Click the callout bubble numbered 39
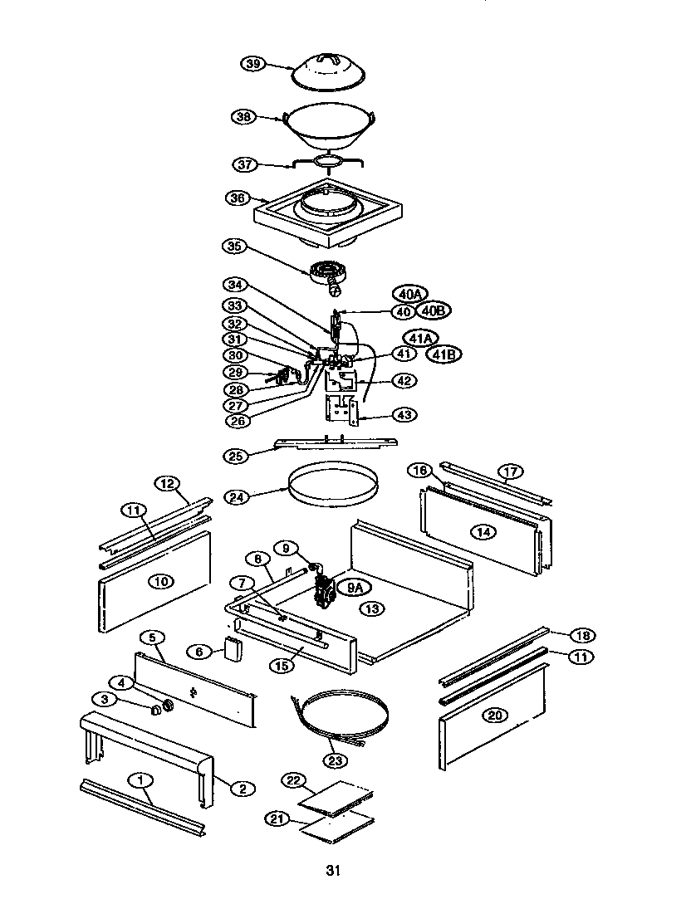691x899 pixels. (252, 64)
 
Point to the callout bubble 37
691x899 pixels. (246, 164)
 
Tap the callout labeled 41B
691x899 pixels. (444, 354)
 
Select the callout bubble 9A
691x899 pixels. (355, 588)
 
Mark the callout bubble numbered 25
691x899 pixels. (238, 455)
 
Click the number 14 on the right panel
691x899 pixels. (481, 528)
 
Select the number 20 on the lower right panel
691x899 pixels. (495, 716)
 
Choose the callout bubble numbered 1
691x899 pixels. (142, 779)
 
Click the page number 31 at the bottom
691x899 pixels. (332, 870)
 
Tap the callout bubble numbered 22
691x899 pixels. (292, 780)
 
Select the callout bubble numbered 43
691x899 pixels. (406, 413)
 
